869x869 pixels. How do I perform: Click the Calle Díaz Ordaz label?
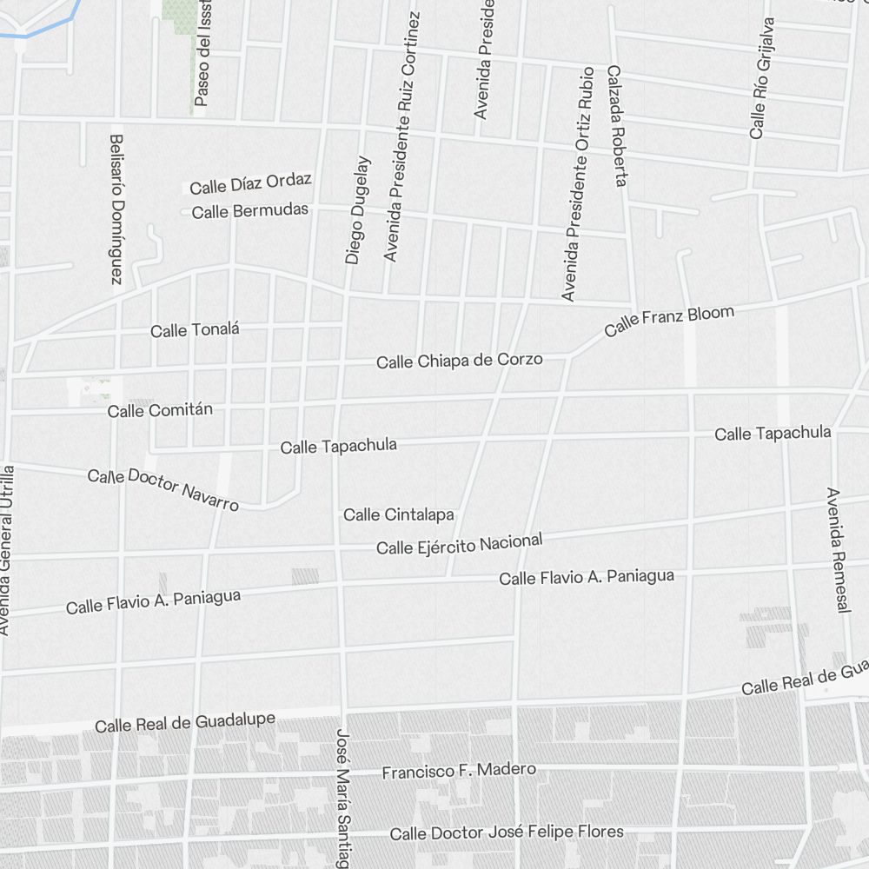(x=250, y=183)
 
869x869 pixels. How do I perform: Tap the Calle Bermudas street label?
(x=249, y=211)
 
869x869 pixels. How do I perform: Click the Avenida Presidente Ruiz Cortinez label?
(x=401, y=136)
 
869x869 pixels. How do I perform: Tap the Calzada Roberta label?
(x=617, y=126)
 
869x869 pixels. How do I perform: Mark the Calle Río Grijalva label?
(x=760, y=78)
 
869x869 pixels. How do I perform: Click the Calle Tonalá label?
(x=195, y=330)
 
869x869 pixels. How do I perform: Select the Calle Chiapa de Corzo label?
(x=459, y=360)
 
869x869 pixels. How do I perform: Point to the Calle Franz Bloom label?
(x=669, y=321)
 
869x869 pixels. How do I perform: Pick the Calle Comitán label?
(x=160, y=410)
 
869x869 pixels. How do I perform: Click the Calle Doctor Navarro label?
(x=163, y=488)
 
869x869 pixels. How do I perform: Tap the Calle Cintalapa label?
(x=398, y=514)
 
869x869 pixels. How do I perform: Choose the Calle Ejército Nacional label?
(x=459, y=545)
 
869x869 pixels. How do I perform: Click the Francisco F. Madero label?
(x=459, y=771)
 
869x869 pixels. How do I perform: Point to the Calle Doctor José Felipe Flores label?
(x=506, y=833)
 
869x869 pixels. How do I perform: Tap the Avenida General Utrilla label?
(x=7, y=550)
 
